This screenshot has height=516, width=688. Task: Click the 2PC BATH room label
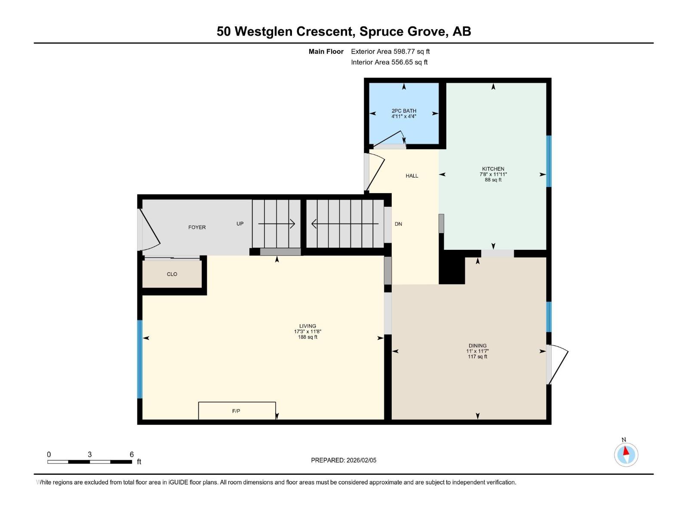[x=404, y=111]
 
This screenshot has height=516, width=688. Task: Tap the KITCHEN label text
[x=493, y=169]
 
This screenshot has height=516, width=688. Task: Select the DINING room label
[x=477, y=346]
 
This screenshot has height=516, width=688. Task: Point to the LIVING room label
[x=307, y=326]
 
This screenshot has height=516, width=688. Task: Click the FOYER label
[x=197, y=227]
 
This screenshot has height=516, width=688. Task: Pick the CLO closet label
[x=172, y=274]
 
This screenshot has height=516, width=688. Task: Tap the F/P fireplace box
[x=237, y=410]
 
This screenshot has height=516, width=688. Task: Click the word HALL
[x=412, y=176]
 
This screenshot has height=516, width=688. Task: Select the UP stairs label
[x=240, y=224]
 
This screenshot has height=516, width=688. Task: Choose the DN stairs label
[x=398, y=224]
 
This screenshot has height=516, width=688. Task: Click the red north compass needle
[x=625, y=451]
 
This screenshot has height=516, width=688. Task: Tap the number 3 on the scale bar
[x=89, y=454]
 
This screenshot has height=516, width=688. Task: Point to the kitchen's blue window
[x=549, y=161]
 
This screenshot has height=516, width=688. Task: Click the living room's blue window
[x=140, y=359]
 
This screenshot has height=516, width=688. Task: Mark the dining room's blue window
[x=549, y=317]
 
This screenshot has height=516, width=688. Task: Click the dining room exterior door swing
[x=557, y=364]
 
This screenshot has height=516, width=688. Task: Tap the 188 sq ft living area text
[x=307, y=337]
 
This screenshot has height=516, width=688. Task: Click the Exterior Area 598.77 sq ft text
[x=390, y=51]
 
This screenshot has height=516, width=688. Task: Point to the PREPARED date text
[x=344, y=460]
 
